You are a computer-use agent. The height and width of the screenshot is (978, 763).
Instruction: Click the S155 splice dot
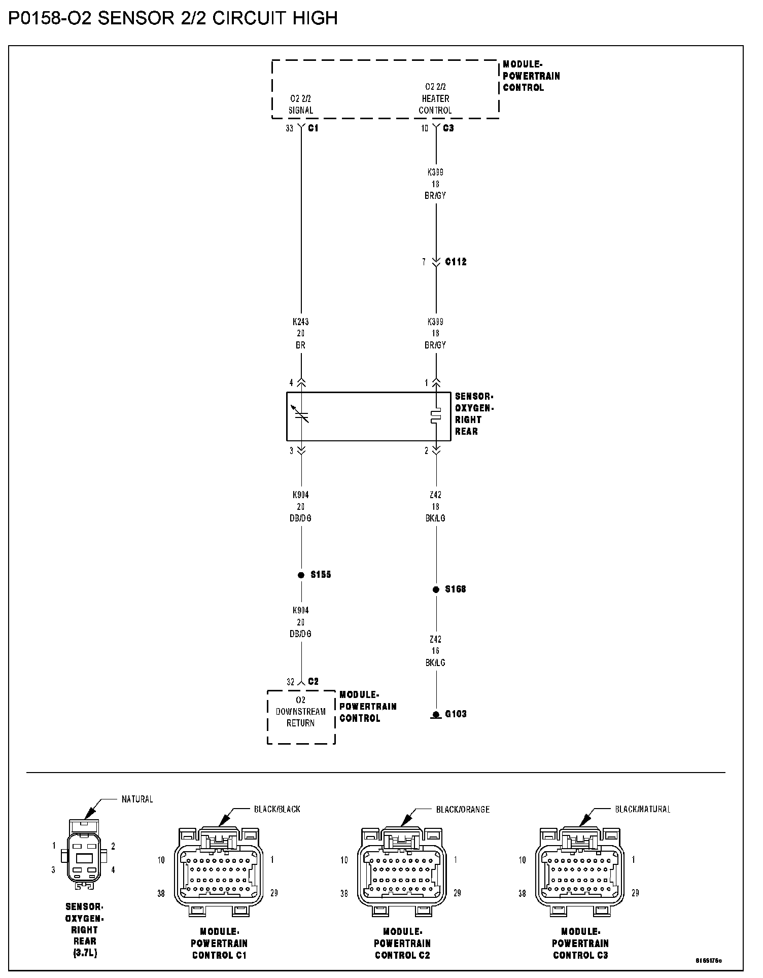pos(301,575)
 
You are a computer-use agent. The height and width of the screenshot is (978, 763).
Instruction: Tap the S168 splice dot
pos(436,589)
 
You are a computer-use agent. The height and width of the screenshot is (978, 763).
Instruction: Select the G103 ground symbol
pos(436,715)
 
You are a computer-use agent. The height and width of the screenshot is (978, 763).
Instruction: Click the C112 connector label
pos(456,262)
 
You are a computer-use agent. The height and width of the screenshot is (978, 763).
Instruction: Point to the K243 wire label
pos(301,322)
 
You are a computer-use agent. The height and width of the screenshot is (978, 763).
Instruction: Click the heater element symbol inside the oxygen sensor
pos(436,416)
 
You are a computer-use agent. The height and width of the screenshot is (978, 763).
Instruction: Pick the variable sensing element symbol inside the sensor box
pos(301,414)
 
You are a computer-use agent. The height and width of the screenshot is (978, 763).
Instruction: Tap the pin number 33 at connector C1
pos(289,128)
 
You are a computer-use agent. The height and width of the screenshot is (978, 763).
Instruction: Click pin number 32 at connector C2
pos(290,682)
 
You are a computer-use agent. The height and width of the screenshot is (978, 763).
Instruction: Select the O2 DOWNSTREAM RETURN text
pos(301,712)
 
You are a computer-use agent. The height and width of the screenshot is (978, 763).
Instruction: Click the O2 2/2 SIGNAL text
pos(301,104)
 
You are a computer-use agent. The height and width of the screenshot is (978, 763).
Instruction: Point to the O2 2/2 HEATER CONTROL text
pos(435,98)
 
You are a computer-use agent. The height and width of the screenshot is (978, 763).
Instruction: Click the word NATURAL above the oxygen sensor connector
pos(137,799)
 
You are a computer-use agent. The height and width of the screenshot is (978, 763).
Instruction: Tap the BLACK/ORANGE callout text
pos(463,810)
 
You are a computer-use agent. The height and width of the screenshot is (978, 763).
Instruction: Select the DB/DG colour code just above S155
pos(301,518)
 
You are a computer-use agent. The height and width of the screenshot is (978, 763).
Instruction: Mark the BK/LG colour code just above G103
pos(435,662)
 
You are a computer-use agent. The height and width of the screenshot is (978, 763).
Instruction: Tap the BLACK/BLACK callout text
pos(277,810)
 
